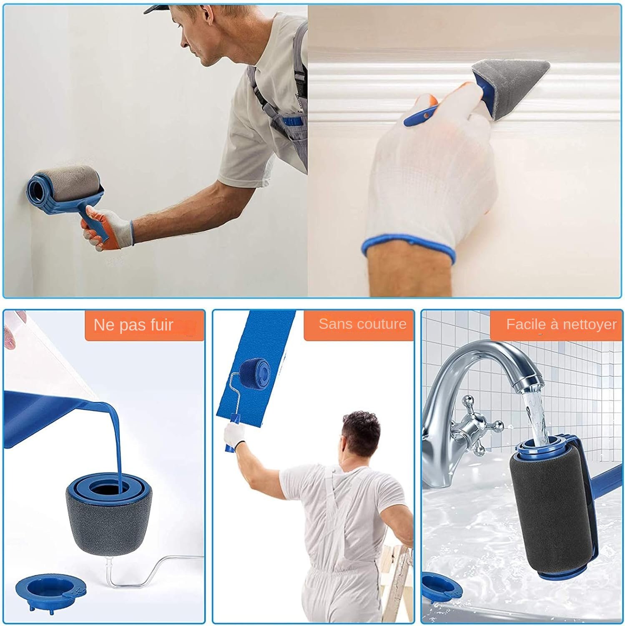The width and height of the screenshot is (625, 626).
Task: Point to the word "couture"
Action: pos(382,324)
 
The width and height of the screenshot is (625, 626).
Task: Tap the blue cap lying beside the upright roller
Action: pos(50,593)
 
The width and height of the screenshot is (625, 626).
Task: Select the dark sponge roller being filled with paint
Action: pos(109,513)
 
